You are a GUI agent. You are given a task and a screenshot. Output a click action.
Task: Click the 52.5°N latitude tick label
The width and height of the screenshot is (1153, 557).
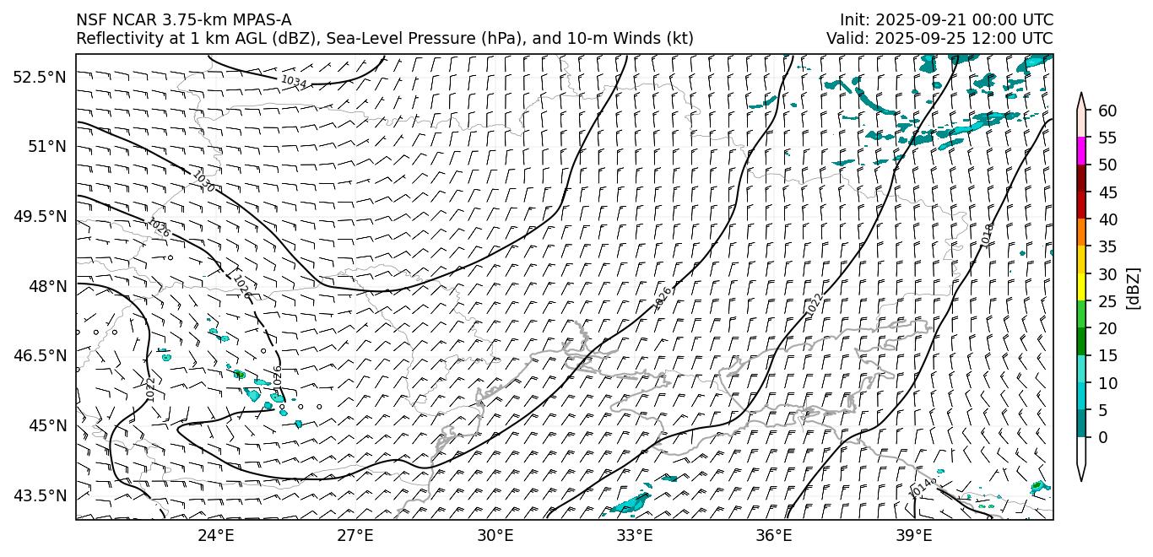tap(39, 77)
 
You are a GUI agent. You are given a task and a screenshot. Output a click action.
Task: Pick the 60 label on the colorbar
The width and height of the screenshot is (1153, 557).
tap(1107, 111)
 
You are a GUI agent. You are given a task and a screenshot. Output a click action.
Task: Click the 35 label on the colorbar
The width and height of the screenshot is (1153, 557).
tap(1107, 246)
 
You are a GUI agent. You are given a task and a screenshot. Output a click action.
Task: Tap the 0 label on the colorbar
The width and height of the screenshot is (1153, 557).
tap(1103, 437)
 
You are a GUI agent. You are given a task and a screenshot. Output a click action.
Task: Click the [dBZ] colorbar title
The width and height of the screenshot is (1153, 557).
tap(1133, 288)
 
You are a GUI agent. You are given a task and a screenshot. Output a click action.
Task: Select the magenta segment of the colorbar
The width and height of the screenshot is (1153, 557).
tap(1082, 151)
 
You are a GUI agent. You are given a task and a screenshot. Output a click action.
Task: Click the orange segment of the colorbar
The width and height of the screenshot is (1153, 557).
tap(1082, 233)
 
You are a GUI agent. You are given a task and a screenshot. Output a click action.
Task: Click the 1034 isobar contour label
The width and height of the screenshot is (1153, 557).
tap(293, 82)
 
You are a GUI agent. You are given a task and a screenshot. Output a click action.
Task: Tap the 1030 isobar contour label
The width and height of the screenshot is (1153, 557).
tap(203, 181)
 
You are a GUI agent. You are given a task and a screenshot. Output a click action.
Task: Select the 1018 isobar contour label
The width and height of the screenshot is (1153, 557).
tap(988, 235)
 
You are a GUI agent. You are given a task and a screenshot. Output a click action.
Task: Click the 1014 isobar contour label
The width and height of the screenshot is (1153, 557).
tap(923, 487)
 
